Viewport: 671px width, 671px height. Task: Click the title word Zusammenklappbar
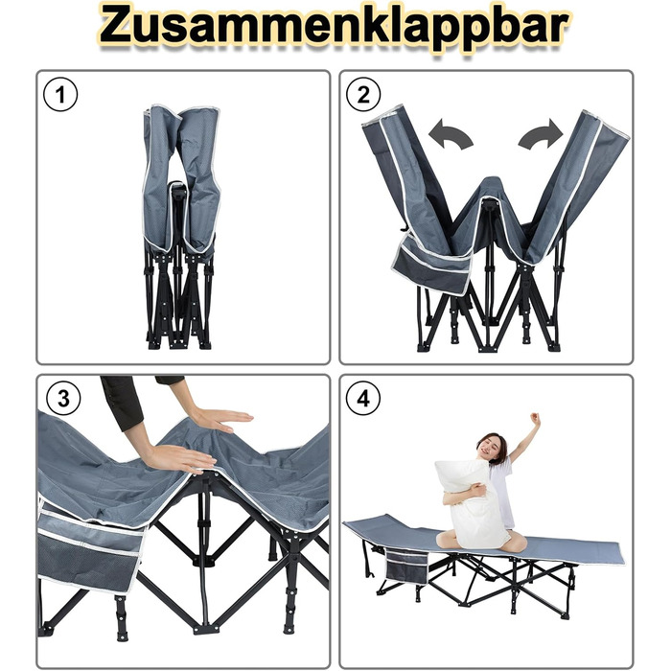tap(334, 28)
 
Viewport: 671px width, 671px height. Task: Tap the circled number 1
tap(60, 95)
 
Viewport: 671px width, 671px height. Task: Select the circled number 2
tap(363, 95)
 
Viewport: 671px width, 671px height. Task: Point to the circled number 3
tap(63, 399)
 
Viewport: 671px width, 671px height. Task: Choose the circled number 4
tap(363, 399)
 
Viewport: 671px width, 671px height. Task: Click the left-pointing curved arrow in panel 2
tap(450, 134)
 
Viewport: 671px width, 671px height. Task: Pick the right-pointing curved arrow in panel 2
tap(541, 134)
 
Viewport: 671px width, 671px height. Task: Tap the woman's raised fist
tap(535, 418)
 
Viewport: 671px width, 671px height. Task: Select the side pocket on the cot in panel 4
tap(406, 567)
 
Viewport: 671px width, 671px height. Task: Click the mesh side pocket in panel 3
tap(90, 552)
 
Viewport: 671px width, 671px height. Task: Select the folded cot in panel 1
tap(180, 227)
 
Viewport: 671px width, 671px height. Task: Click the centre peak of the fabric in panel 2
tap(492, 188)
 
